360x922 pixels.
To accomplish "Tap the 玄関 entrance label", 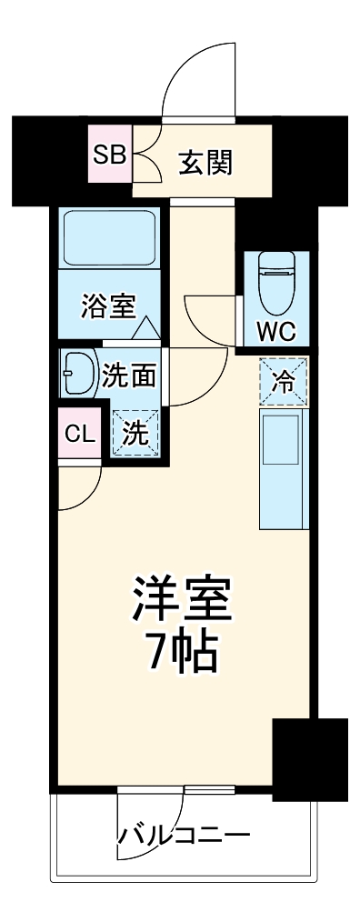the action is click(205, 164).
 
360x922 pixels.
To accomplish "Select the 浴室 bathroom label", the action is click(108, 306).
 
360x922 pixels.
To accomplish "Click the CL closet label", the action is click(79, 434).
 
